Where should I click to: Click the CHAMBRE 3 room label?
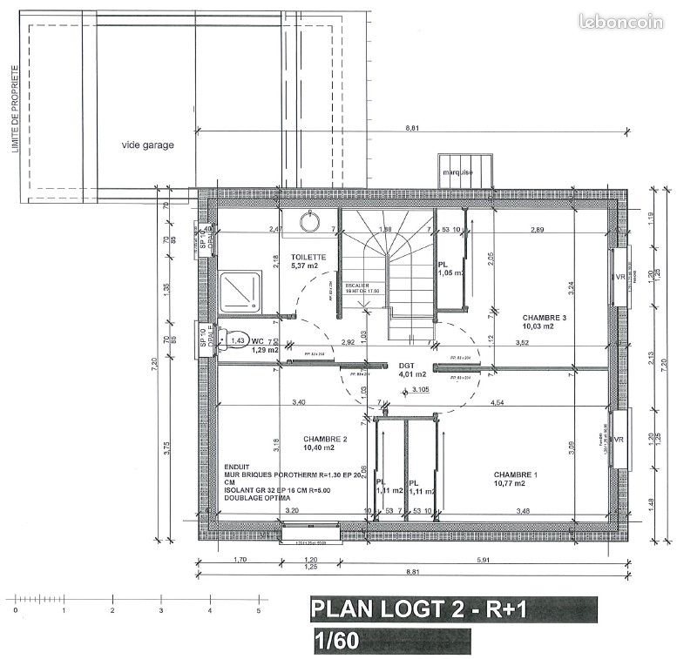tap(544, 318)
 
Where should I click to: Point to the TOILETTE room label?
tap(308, 257)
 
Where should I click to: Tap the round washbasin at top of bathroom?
tap(308, 222)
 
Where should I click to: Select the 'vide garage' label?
tap(147, 145)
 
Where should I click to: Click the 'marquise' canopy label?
tap(457, 172)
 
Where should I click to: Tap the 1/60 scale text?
tap(335, 642)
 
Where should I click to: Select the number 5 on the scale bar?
tap(258, 612)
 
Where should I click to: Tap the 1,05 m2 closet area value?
tap(450, 272)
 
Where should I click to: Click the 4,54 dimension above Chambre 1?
tap(498, 402)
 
